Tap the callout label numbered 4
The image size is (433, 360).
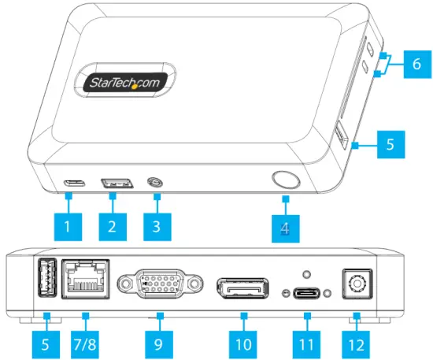pos(286,228)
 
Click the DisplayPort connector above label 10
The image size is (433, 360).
pos(243,289)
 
